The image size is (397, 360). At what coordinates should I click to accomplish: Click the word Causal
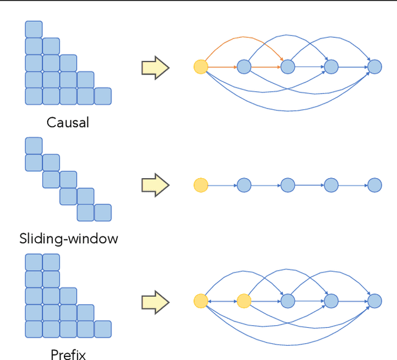click(68, 122)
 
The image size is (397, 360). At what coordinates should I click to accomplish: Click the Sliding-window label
click(68, 238)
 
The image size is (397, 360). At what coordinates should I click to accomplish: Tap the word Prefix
click(68, 354)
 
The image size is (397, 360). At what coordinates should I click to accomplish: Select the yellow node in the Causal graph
click(200, 66)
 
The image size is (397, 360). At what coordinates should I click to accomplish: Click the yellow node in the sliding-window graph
click(200, 185)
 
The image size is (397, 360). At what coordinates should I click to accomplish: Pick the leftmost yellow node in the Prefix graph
click(200, 301)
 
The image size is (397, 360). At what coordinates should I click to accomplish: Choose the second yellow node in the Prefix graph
click(244, 301)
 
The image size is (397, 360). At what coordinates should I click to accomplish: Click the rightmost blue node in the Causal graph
click(375, 66)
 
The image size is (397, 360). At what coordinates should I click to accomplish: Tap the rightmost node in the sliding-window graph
click(375, 185)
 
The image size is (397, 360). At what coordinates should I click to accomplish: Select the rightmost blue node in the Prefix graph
click(375, 301)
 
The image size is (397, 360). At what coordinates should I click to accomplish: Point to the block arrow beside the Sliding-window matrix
click(155, 185)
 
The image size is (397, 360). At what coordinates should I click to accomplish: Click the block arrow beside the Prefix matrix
click(155, 302)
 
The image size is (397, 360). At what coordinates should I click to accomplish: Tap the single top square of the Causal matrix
click(33, 29)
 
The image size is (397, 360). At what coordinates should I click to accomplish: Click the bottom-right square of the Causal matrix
click(102, 96)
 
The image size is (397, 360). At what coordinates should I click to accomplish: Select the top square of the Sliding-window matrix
click(33, 146)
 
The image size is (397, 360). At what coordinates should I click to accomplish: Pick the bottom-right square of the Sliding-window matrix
click(102, 213)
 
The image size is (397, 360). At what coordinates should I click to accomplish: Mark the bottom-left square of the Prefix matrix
click(33, 329)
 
